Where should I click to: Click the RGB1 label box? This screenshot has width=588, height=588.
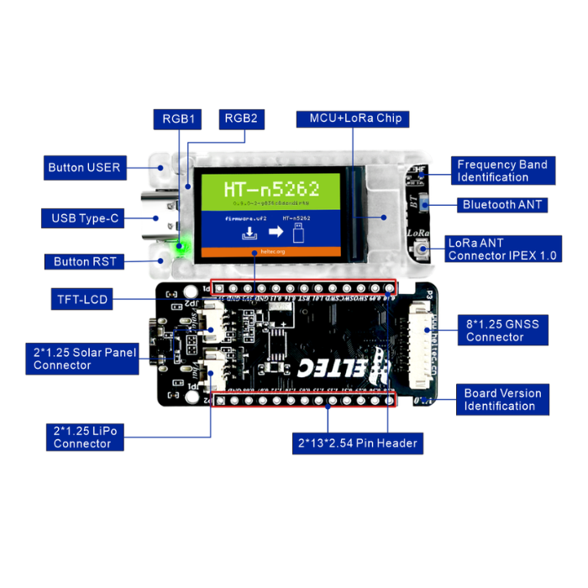tap(178, 118)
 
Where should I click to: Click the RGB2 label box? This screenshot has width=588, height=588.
tap(240, 118)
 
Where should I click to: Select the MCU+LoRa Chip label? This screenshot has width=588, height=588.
tap(355, 118)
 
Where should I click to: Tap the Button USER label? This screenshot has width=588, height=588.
tap(84, 167)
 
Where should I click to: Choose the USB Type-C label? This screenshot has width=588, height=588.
tap(85, 219)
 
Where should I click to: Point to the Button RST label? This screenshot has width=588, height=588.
tap(85, 261)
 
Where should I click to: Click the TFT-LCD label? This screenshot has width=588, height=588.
tap(82, 299)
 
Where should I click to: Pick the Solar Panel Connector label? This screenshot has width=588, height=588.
tap(85, 359)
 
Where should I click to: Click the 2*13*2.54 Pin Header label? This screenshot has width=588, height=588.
tap(356, 443)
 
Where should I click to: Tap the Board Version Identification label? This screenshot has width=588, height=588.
tap(503, 400)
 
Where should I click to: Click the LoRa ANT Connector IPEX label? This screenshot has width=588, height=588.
tap(501, 249)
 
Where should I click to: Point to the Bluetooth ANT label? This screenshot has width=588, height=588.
tap(502, 204)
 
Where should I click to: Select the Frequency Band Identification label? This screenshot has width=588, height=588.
tap(501, 171)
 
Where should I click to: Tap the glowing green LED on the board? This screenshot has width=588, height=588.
tap(180, 246)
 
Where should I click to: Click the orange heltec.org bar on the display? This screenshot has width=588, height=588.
tap(269, 251)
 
